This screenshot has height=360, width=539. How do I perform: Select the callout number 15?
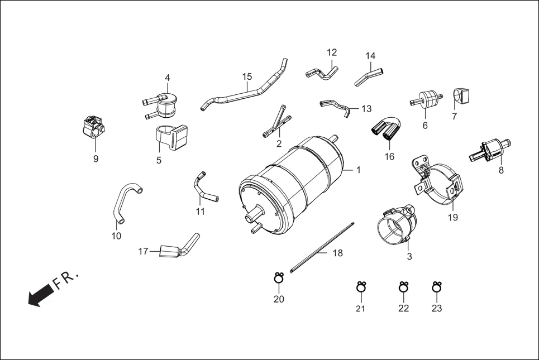point(247,76)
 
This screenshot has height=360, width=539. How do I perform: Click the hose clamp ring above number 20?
point(279,277)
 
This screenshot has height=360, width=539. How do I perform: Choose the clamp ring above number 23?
point(437,287)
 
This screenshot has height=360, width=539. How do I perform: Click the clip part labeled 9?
point(92,128)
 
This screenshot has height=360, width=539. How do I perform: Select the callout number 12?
point(332,52)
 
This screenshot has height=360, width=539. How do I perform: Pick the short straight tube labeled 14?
point(369,75)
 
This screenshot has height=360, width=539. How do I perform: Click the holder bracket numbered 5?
point(170,137)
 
